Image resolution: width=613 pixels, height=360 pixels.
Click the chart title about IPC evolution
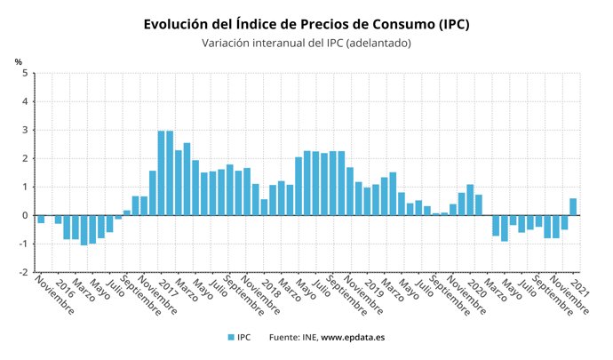[306, 24]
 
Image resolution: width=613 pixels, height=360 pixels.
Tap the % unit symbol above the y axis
[18, 61]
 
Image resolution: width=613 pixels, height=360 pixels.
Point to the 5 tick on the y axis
[24, 73]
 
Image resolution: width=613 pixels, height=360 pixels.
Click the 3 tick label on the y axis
[24, 130]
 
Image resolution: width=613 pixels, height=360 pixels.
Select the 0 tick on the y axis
[24, 215]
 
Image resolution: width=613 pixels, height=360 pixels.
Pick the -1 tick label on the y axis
[22, 244]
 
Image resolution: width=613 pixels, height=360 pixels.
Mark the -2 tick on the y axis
[22, 272]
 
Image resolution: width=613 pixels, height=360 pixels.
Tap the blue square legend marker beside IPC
[230, 338]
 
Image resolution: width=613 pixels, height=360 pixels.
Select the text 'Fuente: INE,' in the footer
[293, 338]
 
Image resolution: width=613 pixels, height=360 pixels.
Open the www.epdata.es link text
[353, 338]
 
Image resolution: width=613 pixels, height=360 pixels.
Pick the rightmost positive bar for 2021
[573, 206]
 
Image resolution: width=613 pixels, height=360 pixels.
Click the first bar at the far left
[41, 219]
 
